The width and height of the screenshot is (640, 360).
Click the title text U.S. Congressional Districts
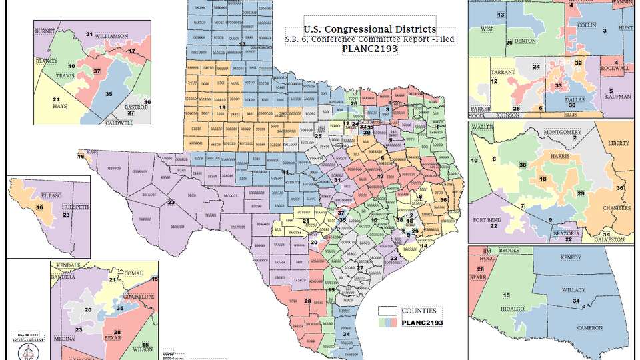pyautogui.click(x=370, y=29)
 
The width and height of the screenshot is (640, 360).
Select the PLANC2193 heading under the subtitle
pyautogui.click(x=370, y=49)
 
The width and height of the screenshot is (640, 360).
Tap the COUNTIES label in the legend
pyautogui.click(x=419, y=311)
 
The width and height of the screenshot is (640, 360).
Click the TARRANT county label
pyautogui.click(x=499, y=70)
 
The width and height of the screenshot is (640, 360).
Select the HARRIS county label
pyautogui.click(x=559, y=155)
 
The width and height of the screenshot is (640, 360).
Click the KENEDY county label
pyautogui.click(x=571, y=257)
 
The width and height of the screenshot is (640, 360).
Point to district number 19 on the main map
pyautogui.click(x=223, y=107)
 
